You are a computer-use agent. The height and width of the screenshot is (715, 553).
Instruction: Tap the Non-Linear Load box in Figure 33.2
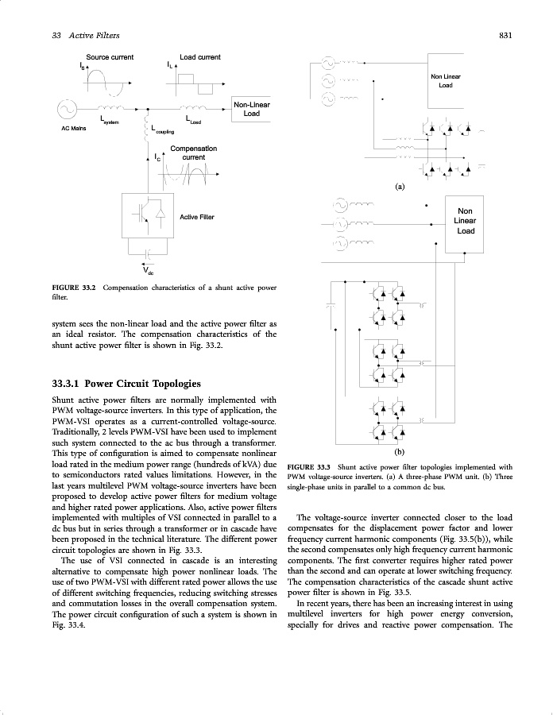[251, 109]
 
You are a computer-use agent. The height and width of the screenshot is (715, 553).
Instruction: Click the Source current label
[110, 57]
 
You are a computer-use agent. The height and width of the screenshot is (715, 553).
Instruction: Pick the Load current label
[199, 57]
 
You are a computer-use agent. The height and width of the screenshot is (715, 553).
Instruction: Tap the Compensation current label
[193, 153]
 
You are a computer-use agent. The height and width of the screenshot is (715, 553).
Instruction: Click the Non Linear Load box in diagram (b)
[465, 220]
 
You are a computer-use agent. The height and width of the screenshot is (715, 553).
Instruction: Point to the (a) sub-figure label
[400, 187]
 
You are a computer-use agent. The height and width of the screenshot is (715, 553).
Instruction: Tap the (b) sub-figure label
[400, 447]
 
